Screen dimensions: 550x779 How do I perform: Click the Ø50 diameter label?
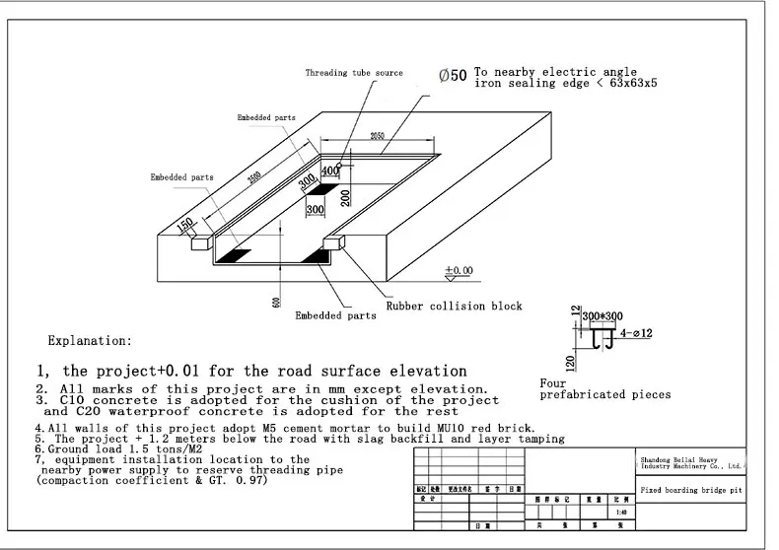click(453, 76)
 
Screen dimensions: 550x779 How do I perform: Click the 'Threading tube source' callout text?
click(354, 73)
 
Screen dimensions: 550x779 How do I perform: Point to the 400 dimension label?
click(329, 171)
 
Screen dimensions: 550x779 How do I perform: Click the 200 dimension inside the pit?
click(346, 196)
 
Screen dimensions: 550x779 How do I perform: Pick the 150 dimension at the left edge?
click(184, 226)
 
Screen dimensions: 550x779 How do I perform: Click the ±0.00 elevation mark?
click(459, 269)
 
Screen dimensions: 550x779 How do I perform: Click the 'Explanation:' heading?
click(90, 341)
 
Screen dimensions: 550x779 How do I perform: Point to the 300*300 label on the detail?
click(602, 315)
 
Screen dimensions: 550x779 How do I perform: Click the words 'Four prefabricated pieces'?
click(604, 388)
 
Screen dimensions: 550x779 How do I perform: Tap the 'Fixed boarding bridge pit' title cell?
click(689, 490)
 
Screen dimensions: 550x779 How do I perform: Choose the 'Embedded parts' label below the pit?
click(335, 316)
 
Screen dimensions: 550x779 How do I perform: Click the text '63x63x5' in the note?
click(628, 85)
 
